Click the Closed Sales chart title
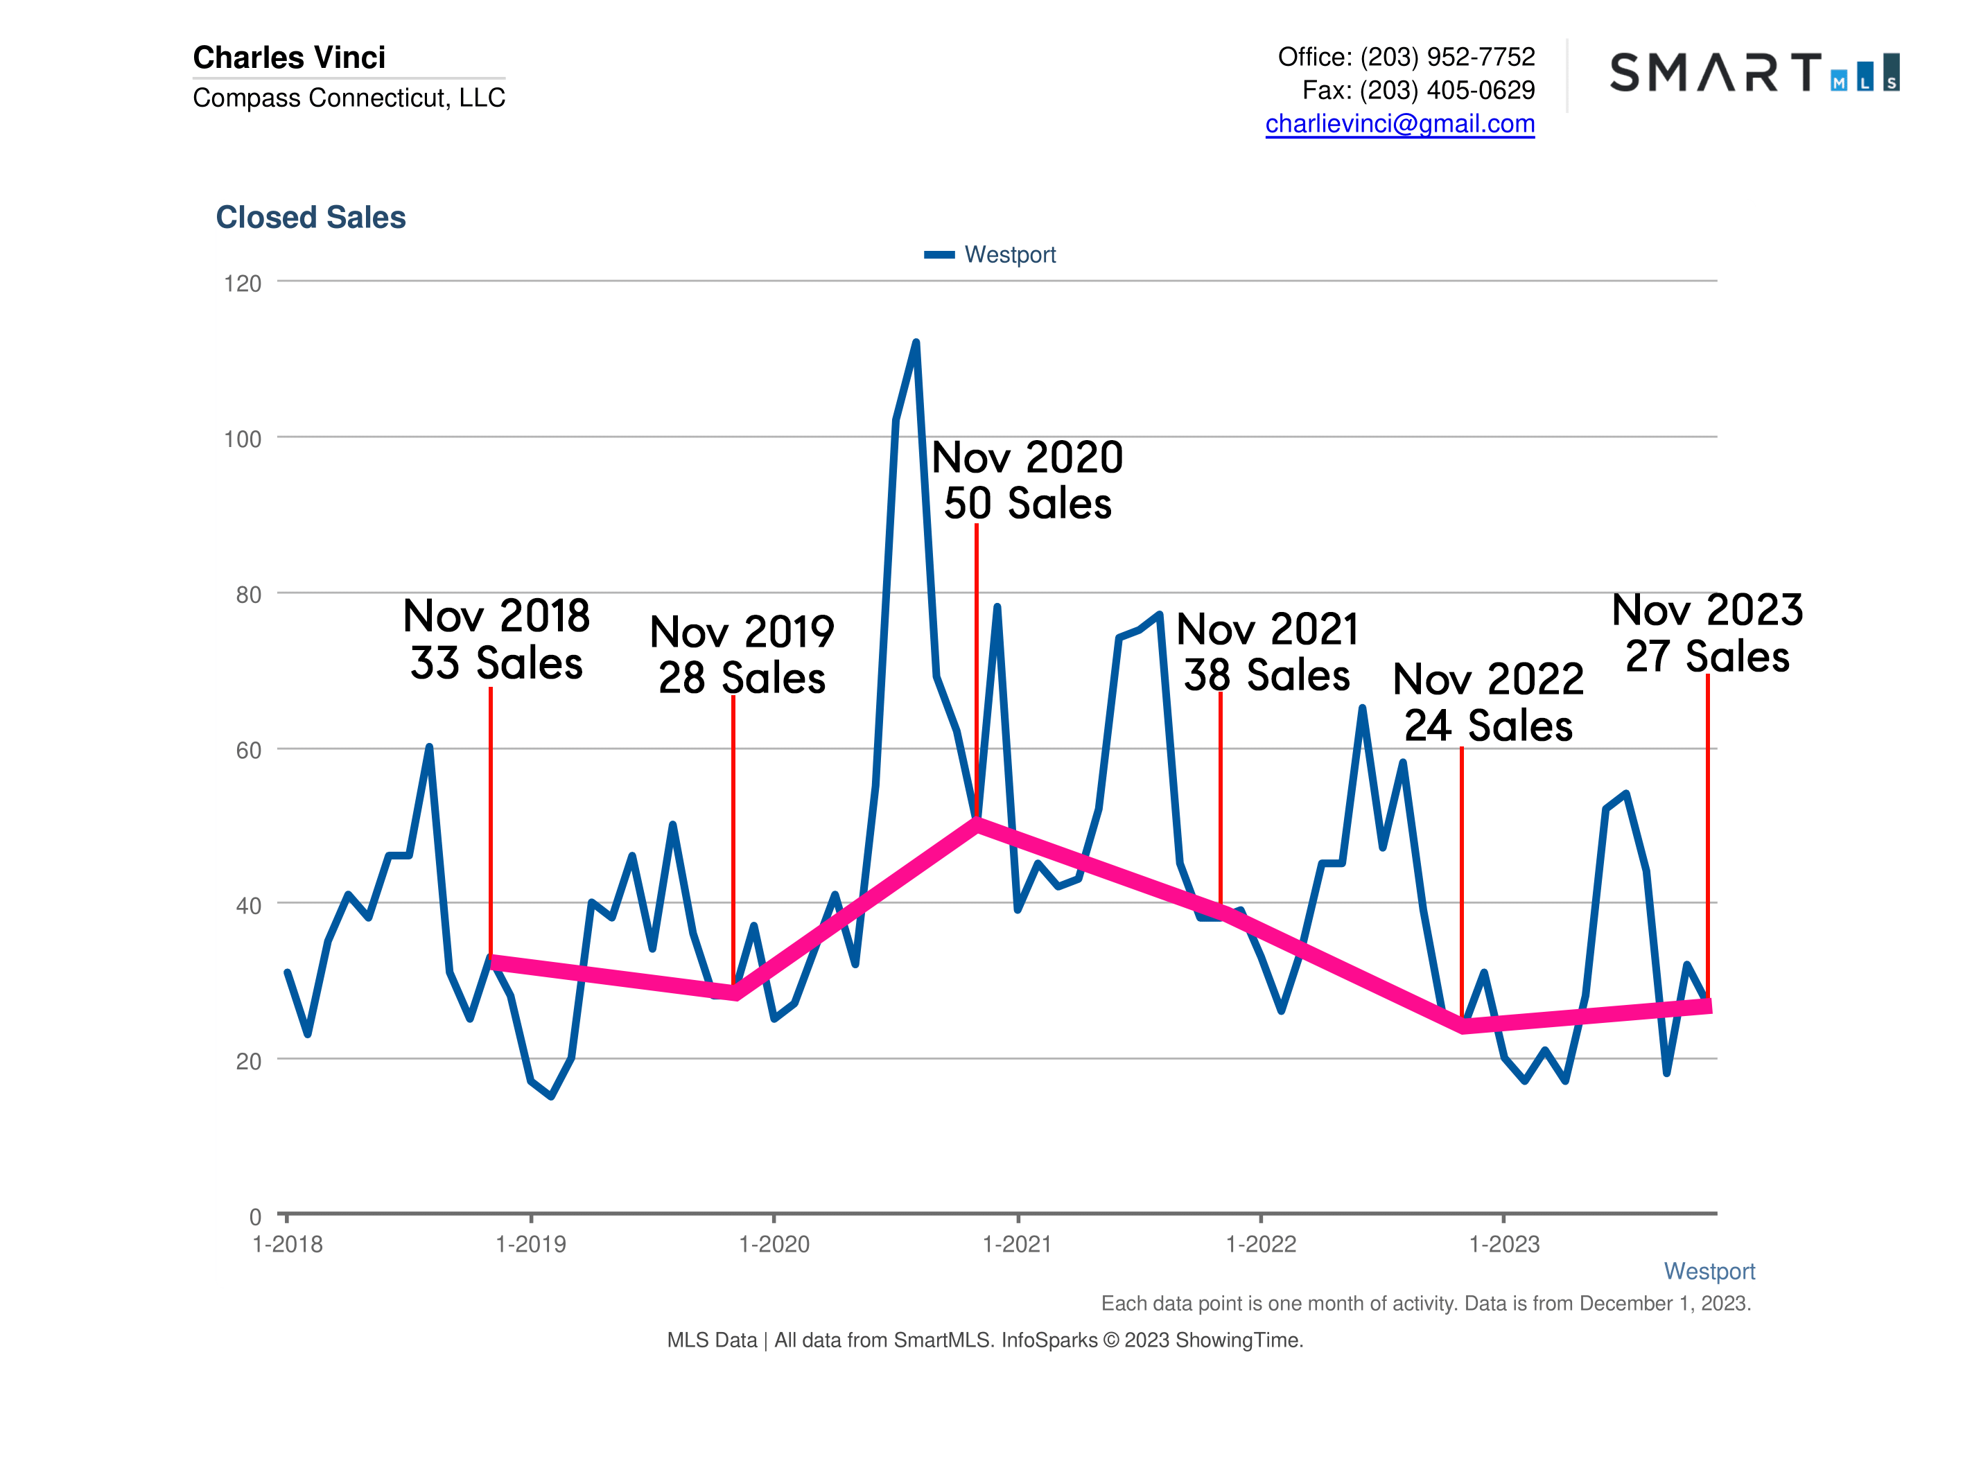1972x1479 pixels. coord(311,218)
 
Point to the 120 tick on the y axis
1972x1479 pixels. coord(243,283)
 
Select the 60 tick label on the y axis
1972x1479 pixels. coord(248,751)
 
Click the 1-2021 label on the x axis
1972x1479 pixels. coord(1018,1245)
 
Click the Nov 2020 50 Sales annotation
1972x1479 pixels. coord(1027,480)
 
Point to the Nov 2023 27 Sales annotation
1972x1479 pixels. coord(1707,633)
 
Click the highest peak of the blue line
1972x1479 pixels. coord(916,342)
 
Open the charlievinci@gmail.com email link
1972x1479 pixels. coord(1399,124)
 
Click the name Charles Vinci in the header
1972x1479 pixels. coord(289,57)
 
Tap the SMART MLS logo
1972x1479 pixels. coord(1754,72)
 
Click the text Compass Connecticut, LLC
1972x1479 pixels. coord(349,97)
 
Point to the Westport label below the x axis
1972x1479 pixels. coord(1708,1271)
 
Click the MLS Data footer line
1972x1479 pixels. coord(984,1340)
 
